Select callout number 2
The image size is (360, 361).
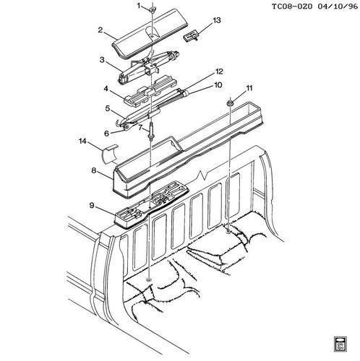pyautogui.click(x=101, y=31)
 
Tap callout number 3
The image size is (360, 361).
pyautogui.click(x=102, y=59)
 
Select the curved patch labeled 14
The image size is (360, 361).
pyautogui.click(x=111, y=152)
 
